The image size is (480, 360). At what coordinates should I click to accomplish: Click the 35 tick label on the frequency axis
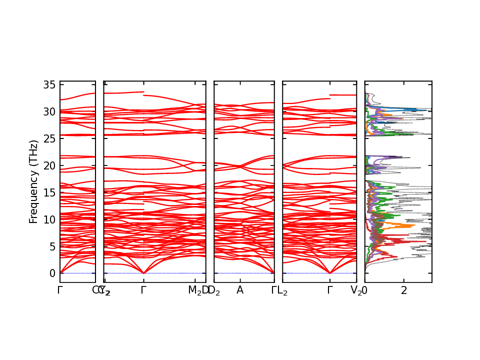pos(48,84)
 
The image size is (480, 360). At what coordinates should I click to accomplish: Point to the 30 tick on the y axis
pos(48,111)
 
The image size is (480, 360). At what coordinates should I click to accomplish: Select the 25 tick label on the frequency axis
pos(48,138)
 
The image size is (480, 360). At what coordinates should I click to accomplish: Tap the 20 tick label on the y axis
pos(48,165)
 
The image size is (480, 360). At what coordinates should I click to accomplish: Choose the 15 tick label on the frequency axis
pos(48,192)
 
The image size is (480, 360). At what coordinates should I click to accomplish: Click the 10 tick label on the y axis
pos(48,219)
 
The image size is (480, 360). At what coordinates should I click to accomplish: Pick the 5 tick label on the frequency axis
pos(51,246)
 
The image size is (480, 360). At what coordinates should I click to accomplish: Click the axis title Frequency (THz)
pos(33,181)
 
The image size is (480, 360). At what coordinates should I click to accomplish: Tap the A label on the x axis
pos(240,290)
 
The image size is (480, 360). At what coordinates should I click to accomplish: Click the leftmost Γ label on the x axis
pos(60,290)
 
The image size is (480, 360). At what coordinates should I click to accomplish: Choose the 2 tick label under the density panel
pos(404,290)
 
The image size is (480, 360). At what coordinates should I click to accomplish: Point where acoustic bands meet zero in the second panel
pos(144,273)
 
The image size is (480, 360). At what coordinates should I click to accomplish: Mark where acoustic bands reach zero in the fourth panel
pos(330,273)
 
